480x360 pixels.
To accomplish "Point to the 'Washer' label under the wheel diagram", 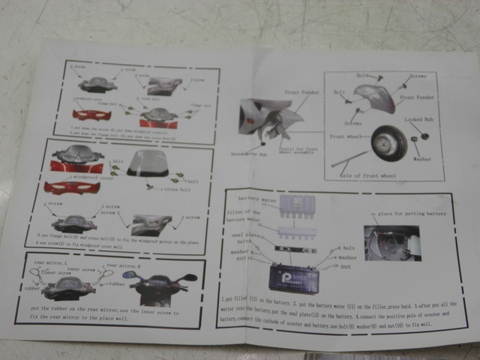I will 423,158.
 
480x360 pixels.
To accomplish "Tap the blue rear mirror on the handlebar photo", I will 130,276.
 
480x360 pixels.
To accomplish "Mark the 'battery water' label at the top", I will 258,199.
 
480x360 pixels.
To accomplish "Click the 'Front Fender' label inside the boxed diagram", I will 417,97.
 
